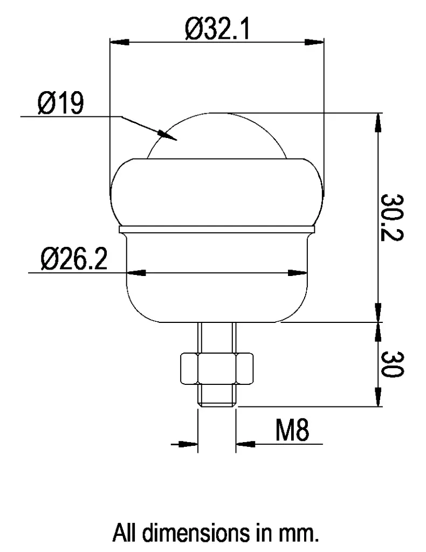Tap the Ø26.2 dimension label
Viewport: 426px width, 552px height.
[x=73, y=260]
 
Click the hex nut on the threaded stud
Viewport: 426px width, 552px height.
[x=216, y=370]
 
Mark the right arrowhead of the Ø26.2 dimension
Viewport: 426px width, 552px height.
[x=297, y=273]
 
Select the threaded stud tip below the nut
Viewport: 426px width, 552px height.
[x=216, y=397]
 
